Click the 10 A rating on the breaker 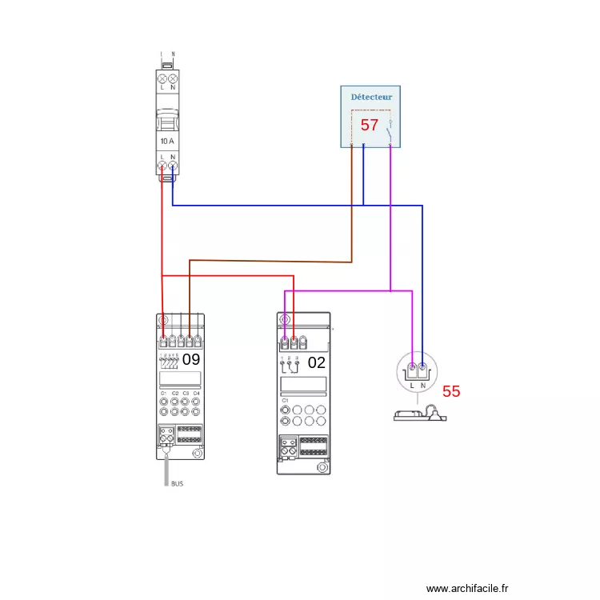tap(166, 140)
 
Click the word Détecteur tap(371, 97)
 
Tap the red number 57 tap(369, 125)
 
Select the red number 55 tap(451, 391)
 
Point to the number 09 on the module tap(190, 359)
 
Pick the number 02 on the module tap(317, 362)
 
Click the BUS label tap(177, 484)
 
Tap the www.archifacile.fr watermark tap(467, 588)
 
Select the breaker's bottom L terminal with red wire tap(162, 166)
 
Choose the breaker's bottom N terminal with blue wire tap(172, 166)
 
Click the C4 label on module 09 tap(196, 394)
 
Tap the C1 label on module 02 tap(285, 398)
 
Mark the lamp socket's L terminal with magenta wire tap(412, 369)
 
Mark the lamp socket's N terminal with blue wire tap(423, 369)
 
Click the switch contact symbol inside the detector tap(389, 128)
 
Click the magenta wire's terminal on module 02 tap(285, 343)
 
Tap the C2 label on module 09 tap(174, 394)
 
